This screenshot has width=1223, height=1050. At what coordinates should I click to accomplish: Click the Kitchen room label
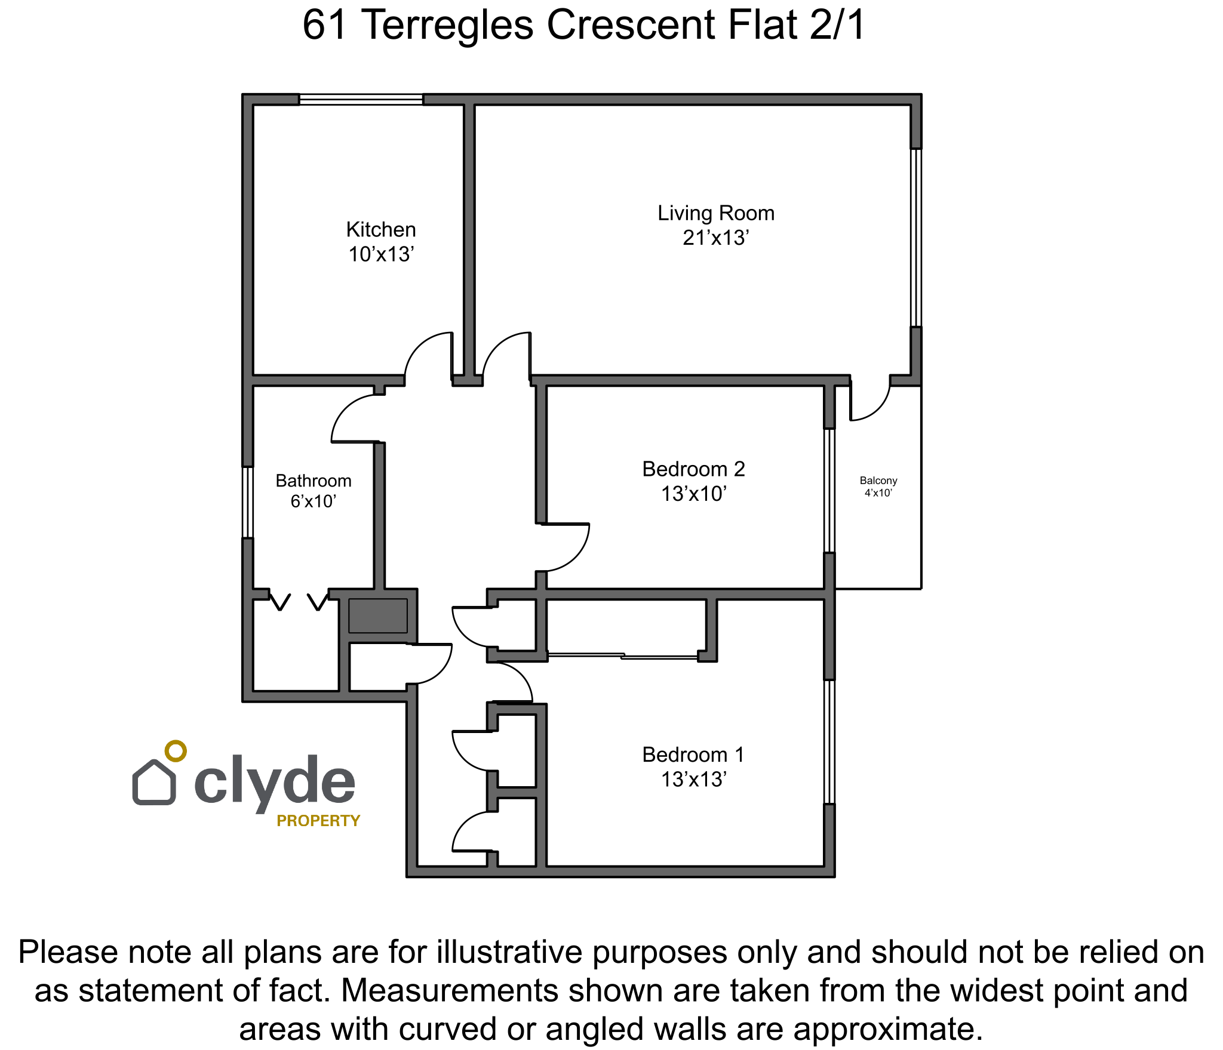coord(381,230)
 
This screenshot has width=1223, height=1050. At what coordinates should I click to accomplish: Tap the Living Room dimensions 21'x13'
coord(716,238)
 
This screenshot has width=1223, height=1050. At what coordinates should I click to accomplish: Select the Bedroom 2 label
coord(694,469)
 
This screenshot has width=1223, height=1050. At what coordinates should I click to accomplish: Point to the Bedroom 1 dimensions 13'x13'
coord(694,780)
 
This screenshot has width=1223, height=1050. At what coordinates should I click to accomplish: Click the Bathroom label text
coord(314,481)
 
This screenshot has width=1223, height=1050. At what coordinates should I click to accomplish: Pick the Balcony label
coord(878,481)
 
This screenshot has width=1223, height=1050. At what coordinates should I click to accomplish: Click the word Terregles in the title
coord(448,25)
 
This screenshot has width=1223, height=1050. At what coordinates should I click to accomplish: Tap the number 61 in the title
coord(325,25)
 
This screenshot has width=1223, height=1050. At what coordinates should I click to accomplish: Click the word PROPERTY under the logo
coord(318,821)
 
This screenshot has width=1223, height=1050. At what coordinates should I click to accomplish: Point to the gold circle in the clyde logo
coord(176,751)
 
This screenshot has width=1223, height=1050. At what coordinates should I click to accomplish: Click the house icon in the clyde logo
coord(154,782)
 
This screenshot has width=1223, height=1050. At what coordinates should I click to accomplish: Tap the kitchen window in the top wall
coord(361,99)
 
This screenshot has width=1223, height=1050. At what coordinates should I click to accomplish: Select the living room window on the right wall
coord(916,238)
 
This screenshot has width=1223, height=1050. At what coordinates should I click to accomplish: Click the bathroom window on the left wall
coord(247,502)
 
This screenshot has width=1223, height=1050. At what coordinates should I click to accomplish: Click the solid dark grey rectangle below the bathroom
coord(378,615)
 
